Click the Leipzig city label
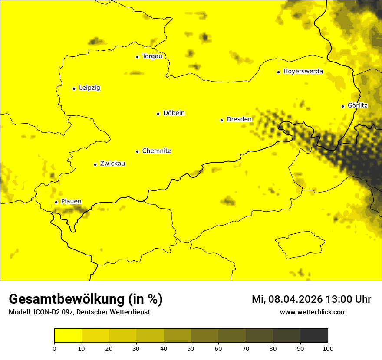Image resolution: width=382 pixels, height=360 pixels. [x=89, y=88]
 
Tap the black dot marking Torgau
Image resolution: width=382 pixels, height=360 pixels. [x=137, y=57]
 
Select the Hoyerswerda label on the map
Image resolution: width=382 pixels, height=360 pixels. [x=303, y=72]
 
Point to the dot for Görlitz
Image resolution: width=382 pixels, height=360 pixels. [x=342, y=106]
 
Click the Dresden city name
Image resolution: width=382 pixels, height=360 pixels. [x=239, y=119]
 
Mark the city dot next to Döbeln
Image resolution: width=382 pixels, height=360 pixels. [x=158, y=114]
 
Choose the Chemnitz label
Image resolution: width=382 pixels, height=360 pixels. [x=156, y=151]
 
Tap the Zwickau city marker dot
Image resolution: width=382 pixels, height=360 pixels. [x=95, y=164]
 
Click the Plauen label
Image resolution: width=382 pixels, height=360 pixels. [x=71, y=202]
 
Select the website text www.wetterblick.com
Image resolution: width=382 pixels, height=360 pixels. [x=313, y=312]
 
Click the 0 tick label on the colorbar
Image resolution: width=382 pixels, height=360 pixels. [x=54, y=348]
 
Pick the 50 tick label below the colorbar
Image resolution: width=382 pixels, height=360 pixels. [x=191, y=348]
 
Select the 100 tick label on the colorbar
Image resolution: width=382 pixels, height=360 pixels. [x=328, y=348]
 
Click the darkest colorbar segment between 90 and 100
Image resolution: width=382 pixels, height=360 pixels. [x=314, y=336]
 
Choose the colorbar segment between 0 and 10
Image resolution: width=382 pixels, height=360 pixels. [x=68, y=336]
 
